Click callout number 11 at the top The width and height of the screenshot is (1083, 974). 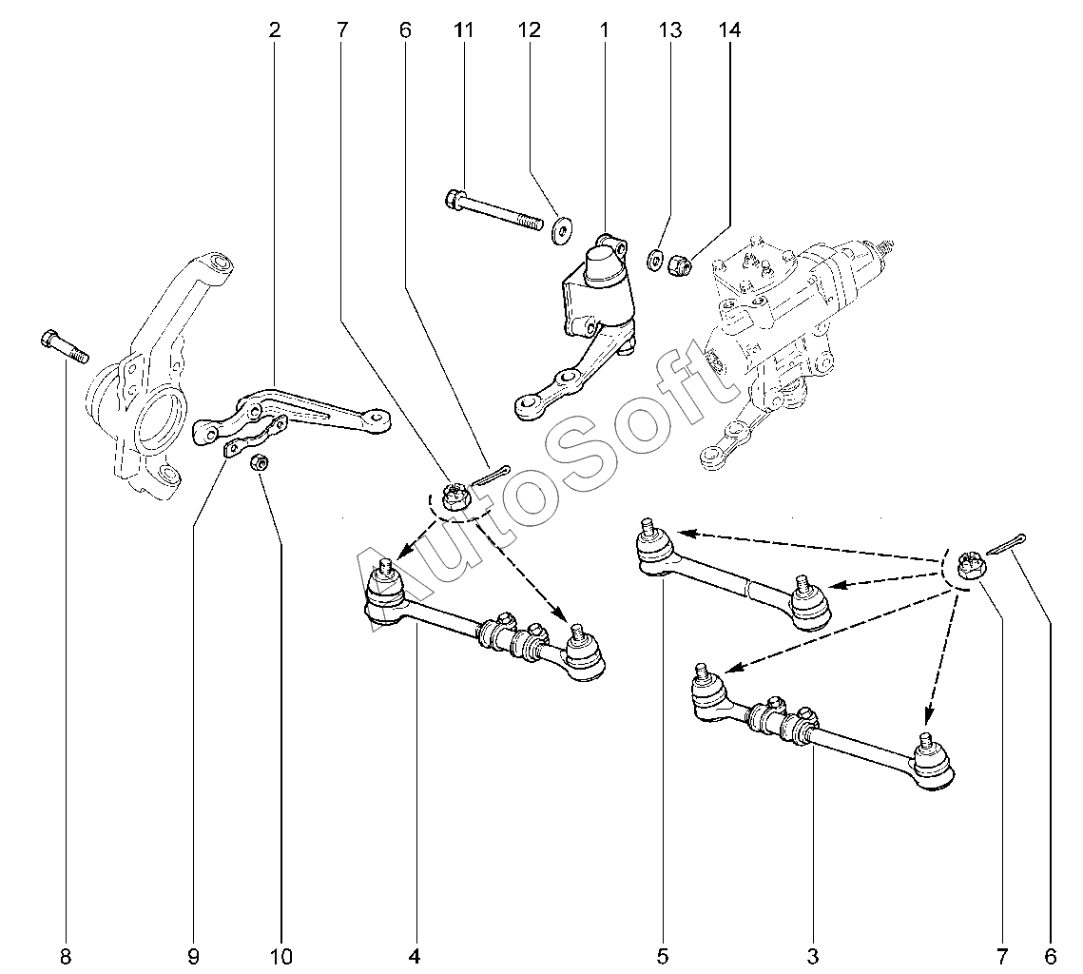pos(463,29)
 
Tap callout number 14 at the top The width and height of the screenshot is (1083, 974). pos(729,29)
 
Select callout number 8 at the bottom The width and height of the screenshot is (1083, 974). pos(66,957)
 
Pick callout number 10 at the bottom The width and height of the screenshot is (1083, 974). pos(281,957)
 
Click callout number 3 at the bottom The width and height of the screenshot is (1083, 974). pos(813,957)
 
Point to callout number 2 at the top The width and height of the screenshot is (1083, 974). pos(274,29)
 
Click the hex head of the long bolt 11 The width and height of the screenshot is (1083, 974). pos(454,200)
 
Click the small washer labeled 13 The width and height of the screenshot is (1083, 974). pos(652,262)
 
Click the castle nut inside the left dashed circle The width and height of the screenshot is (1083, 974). pos(454,497)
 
